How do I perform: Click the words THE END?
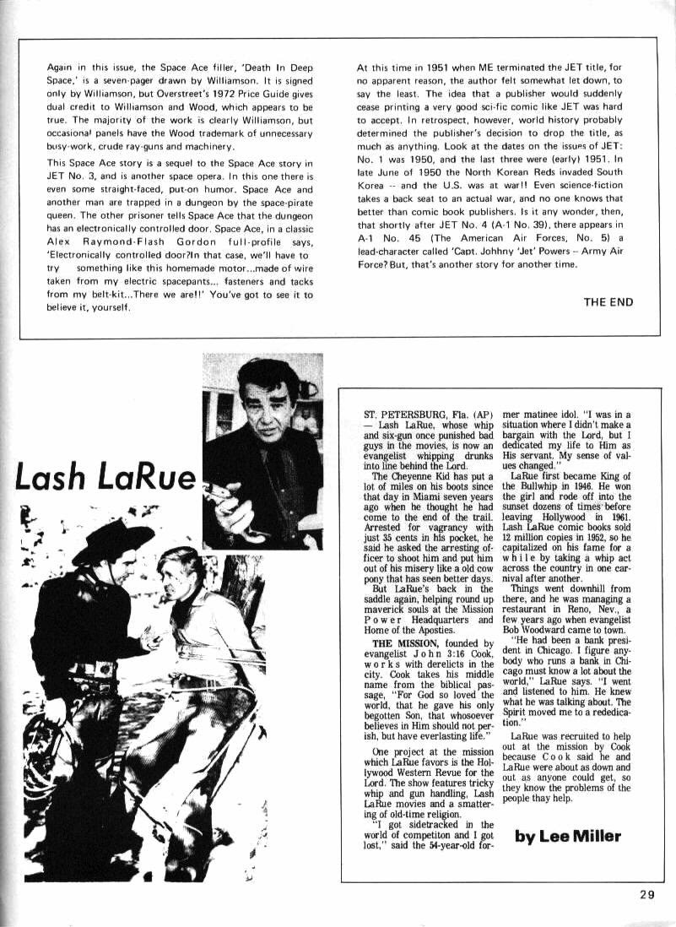pos(608,301)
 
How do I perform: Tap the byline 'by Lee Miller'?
pos(568,837)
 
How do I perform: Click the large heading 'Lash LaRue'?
pos(105,478)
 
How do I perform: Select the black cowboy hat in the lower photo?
pos(112,537)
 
